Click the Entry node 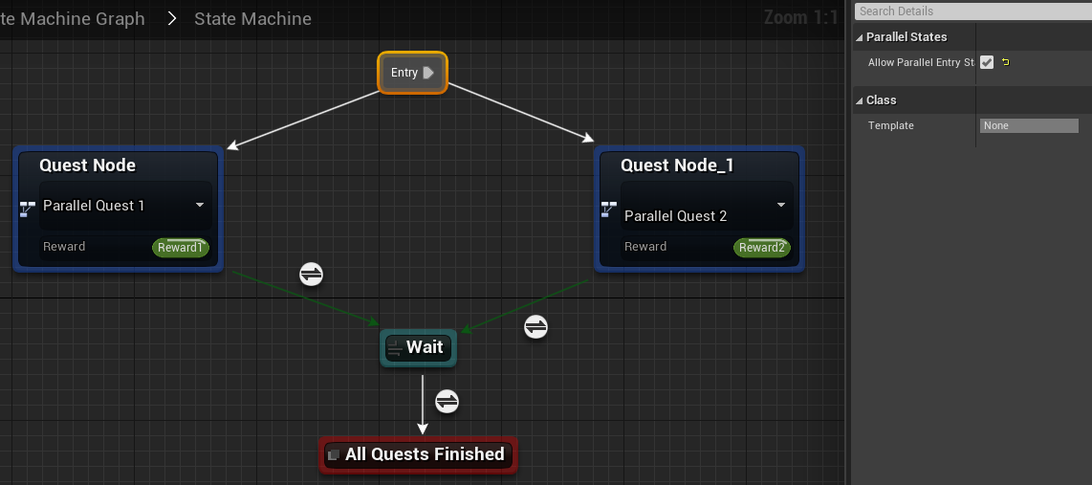[x=412, y=73]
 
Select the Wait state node [x=418, y=347]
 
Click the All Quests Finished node [x=418, y=454]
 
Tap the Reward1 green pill [x=180, y=248]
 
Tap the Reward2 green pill [x=761, y=248]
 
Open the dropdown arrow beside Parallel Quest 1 [x=200, y=205]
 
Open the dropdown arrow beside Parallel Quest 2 [x=781, y=205]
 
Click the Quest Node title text [x=87, y=165]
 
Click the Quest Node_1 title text [x=677, y=165]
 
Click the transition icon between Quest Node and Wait [x=311, y=275]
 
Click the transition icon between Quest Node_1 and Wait [x=535, y=327]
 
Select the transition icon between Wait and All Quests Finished [x=447, y=401]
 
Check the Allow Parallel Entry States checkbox [x=987, y=62]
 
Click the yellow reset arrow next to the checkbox [x=1005, y=62]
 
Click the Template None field [x=1029, y=125]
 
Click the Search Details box [x=971, y=11]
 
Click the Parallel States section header [x=906, y=37]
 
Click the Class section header [x=881, y=100]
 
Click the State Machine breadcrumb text [x=252, y=18]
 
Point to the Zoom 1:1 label [x=800, y=17]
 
